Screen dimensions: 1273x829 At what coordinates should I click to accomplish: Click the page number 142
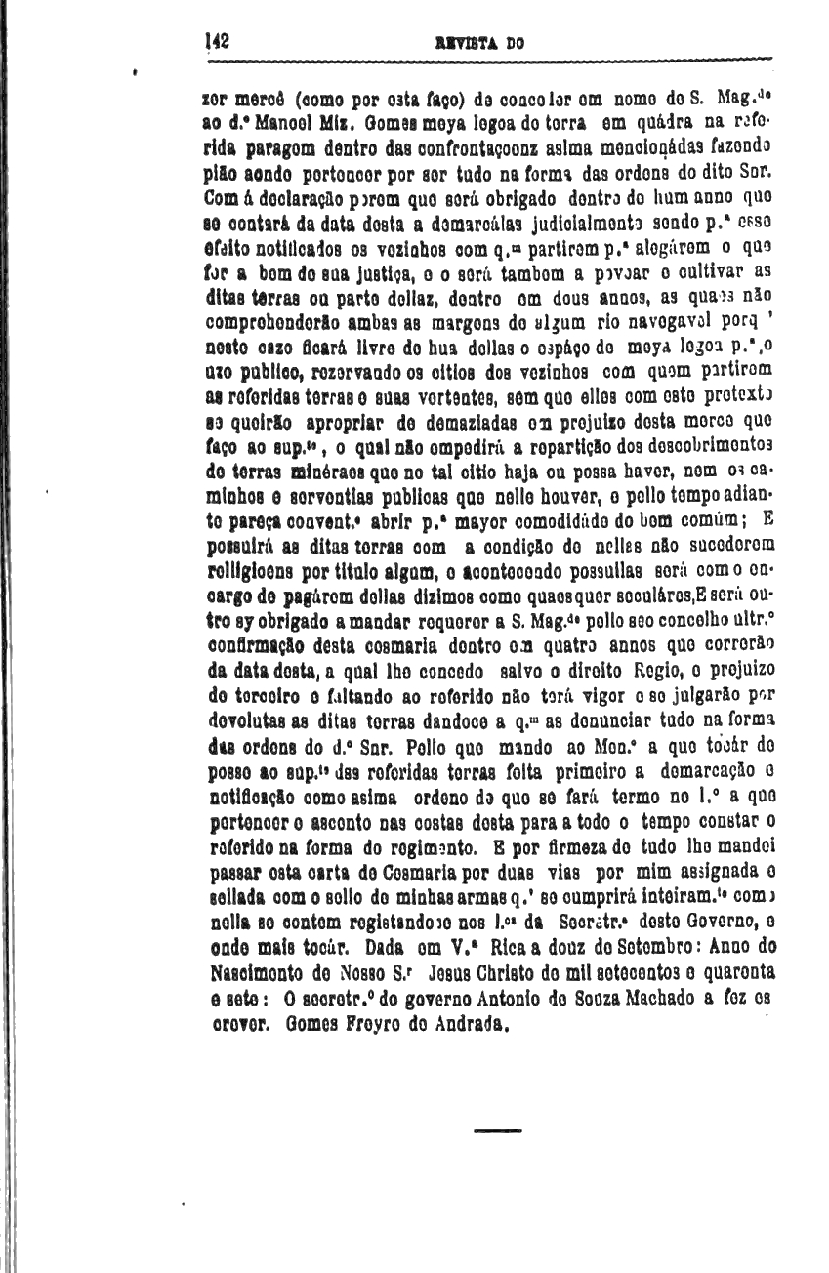point(217,42)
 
